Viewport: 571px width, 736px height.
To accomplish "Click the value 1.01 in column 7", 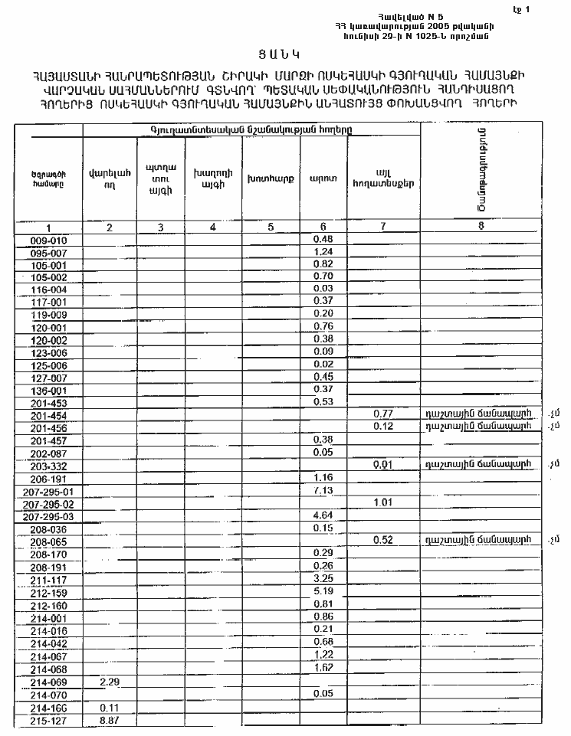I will [x=382, y=502].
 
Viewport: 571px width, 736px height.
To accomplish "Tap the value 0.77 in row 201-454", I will [x=382, y=414].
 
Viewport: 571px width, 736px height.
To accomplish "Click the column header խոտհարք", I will [x=265, y=180].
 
